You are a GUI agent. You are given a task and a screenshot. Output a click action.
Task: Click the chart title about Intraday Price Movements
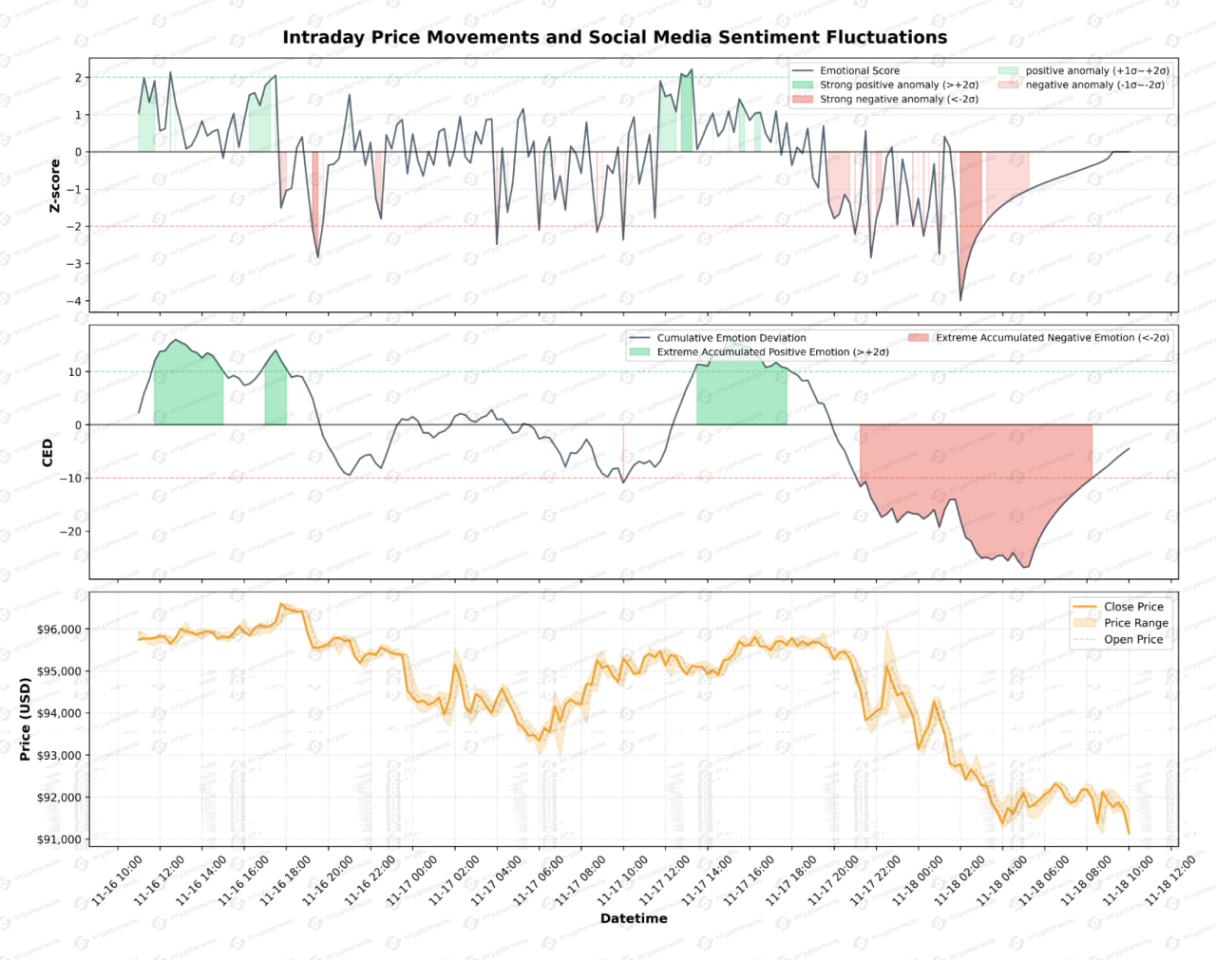(615, 37)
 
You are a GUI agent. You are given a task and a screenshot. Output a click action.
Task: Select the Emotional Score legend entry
(859, 71)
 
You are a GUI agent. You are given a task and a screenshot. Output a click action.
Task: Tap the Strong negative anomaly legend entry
(898, 99)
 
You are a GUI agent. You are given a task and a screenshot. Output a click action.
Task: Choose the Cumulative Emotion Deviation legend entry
(731, 338)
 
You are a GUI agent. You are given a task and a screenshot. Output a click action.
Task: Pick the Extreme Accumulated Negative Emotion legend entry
(1052, 338)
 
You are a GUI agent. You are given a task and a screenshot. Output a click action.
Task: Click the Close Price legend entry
(1132, 607)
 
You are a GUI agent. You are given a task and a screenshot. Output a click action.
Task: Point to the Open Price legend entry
(1132, 640)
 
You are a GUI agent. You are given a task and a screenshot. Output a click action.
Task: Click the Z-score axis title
(55, 185)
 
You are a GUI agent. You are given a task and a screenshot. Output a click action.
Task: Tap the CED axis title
(47, 452)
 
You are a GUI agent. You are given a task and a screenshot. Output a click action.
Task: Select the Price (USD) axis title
(26, 719)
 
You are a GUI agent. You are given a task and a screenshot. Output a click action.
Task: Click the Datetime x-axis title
(634, 918)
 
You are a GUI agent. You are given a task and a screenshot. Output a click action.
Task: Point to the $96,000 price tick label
(59, 630)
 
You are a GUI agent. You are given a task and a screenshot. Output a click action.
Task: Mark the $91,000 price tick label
(59, 839)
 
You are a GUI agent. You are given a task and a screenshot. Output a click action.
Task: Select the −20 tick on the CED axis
(69, 532)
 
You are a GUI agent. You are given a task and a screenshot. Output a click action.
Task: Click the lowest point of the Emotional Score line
(960, 301)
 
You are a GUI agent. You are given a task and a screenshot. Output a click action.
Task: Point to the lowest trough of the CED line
(1023, 568)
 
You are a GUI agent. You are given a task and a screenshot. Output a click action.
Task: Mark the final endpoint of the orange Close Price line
(1129, 834)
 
